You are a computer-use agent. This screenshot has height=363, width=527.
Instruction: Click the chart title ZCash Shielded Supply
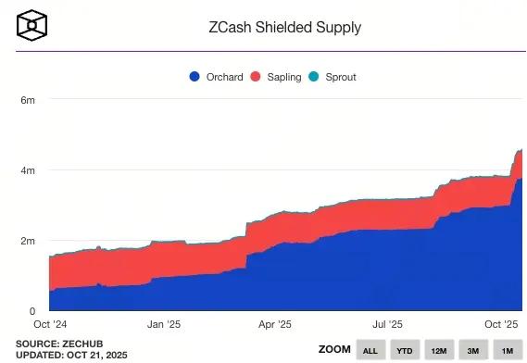tap(285, 27)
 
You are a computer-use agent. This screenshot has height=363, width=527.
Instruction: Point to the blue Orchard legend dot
tap(194, 77)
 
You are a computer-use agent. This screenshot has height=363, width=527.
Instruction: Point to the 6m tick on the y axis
tap(29, 100)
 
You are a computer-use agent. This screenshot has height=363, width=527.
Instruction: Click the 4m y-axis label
tap(29, 170)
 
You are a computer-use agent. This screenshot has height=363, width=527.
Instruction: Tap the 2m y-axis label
tap(29, 241)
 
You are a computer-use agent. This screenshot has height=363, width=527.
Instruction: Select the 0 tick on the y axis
tap(32, 311)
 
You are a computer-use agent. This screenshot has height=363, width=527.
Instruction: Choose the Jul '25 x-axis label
tap(387, 324)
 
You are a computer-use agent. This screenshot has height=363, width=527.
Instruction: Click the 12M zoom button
tap(439, 350)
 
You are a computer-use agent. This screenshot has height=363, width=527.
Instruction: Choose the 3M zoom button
tap(473, 350)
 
